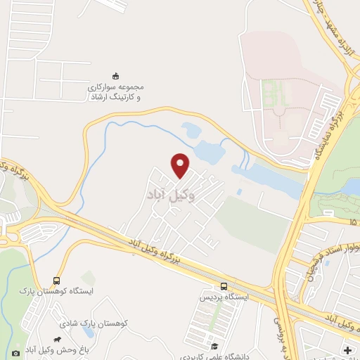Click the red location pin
tap(181, 165)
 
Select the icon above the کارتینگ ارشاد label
tap(117, 76)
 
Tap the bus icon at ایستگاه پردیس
tap(224, 286)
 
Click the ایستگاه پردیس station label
tap(224, 298)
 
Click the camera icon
tap(15, 353)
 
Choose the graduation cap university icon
tap(214, 345)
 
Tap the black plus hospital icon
tap(347, 349)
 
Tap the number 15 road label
tap(352, 223)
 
